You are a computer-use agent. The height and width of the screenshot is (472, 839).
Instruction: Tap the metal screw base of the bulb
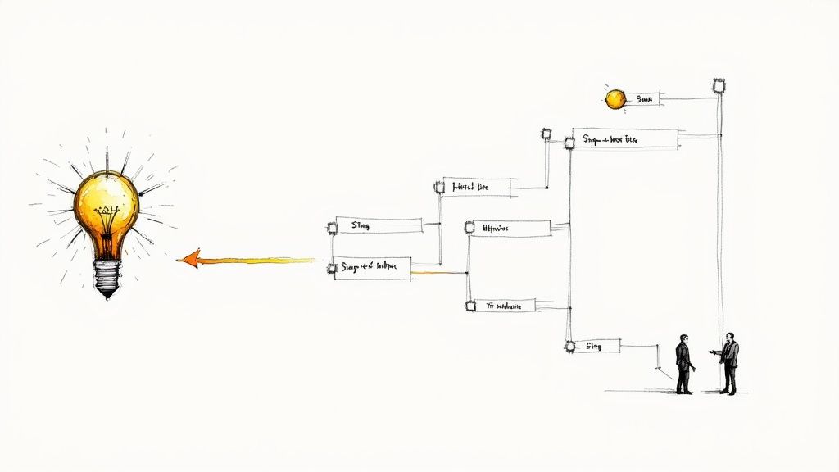[107, 275]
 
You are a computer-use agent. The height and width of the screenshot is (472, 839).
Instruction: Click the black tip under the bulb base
[107, 296]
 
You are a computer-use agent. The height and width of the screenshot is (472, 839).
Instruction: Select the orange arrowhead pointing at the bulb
[188, 259]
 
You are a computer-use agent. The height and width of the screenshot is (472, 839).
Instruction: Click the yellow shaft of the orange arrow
[262, 261]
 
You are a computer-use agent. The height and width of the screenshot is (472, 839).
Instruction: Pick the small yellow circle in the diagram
[615, 99]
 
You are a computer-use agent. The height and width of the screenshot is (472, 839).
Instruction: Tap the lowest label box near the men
[595, 347]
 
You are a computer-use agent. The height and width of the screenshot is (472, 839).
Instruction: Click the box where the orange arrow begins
[372, 267]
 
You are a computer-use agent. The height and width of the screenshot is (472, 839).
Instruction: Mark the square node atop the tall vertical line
[719, 84]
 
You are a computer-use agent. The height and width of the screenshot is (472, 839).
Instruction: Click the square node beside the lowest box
[569, 347]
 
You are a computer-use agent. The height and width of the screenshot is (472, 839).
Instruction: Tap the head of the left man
[683, 338]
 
